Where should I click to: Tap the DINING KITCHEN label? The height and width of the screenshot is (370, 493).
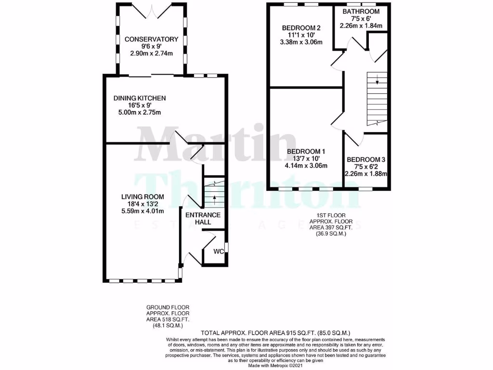click(140, 98)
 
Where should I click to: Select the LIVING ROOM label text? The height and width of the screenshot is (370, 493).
click(143, 197)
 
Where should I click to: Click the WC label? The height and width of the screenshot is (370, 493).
click(218, 251)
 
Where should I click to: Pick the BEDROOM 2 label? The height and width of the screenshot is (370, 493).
click(301, 27)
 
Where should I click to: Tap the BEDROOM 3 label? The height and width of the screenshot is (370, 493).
click(366, 159)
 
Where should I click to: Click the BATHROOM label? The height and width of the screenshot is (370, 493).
click(361, 12)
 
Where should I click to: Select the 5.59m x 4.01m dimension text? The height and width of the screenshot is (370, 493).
click(143, 211)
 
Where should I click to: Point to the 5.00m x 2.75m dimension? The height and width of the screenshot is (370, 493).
click(140, 113)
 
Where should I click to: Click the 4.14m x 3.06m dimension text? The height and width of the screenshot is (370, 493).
click(306, 166)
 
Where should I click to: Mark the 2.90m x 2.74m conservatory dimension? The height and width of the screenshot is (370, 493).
click(152, 53)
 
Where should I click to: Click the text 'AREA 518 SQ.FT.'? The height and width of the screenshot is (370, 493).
click(168, 319)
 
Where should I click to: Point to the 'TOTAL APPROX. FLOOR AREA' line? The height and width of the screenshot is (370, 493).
click(275, 333)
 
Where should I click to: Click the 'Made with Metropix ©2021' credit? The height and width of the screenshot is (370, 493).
click(275, 366)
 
